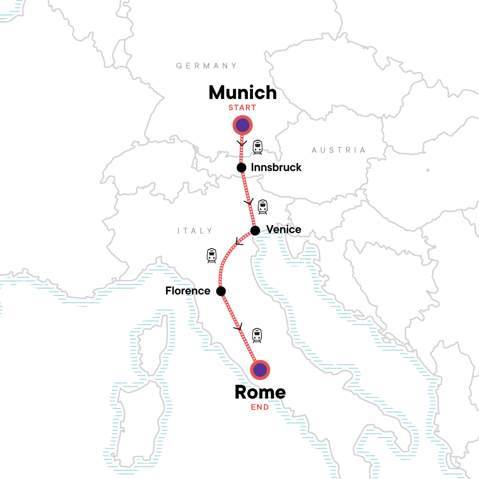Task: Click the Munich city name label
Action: coord(243,93)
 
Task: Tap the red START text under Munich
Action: coord(242,108)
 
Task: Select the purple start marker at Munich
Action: coord(243,126)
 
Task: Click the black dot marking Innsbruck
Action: coord(241,168)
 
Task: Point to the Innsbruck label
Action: coord(276,168)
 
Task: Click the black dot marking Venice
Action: coord(255,230)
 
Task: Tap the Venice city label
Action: coord(284,230)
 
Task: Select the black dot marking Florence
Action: coord(221,291)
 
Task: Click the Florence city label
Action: coord(188,291)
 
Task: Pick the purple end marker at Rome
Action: coord(260,370)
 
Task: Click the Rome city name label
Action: coord(260,392)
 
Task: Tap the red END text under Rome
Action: coord(260,408)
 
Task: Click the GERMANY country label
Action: coord(207,66)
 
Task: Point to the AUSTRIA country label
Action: coord(338,150)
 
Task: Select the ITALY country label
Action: coord(195,231)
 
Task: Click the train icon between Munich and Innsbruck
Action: coord(258,147)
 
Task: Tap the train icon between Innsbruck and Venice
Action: coord(263,207)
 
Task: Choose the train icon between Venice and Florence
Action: coord(212,255)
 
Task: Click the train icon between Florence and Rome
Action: coord(257,335)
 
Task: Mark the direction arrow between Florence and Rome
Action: coord(239,327)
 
